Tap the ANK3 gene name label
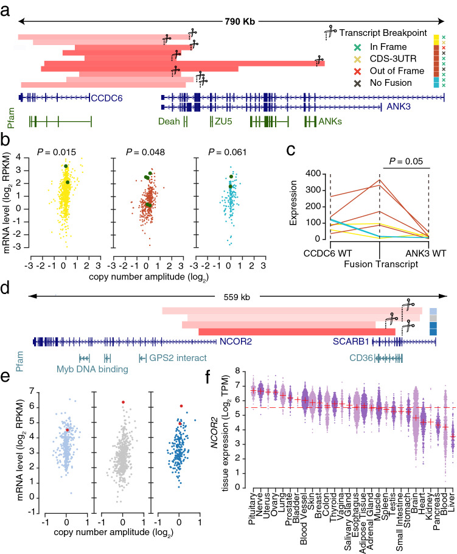point(399,107)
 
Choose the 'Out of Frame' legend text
point(392,69)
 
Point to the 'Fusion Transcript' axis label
point(380,265)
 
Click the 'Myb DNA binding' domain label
point(88,369)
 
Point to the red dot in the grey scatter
point(124,402)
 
